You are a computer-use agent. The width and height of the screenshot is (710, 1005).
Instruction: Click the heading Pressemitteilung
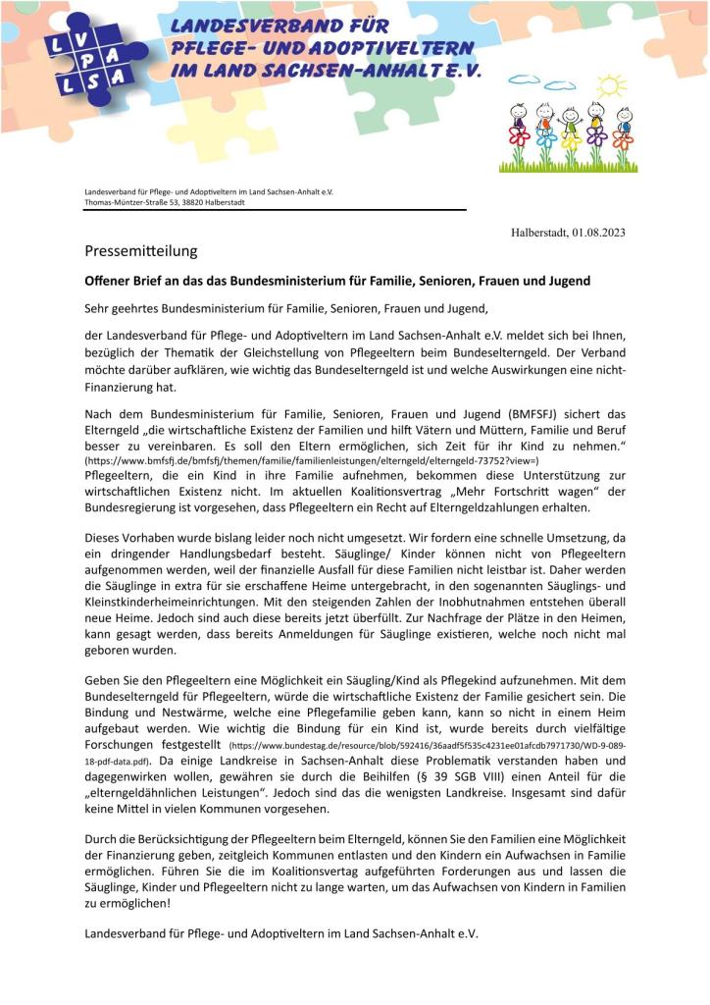coord(140,251)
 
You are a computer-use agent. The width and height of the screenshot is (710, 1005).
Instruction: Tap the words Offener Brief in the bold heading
coord(125,281)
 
